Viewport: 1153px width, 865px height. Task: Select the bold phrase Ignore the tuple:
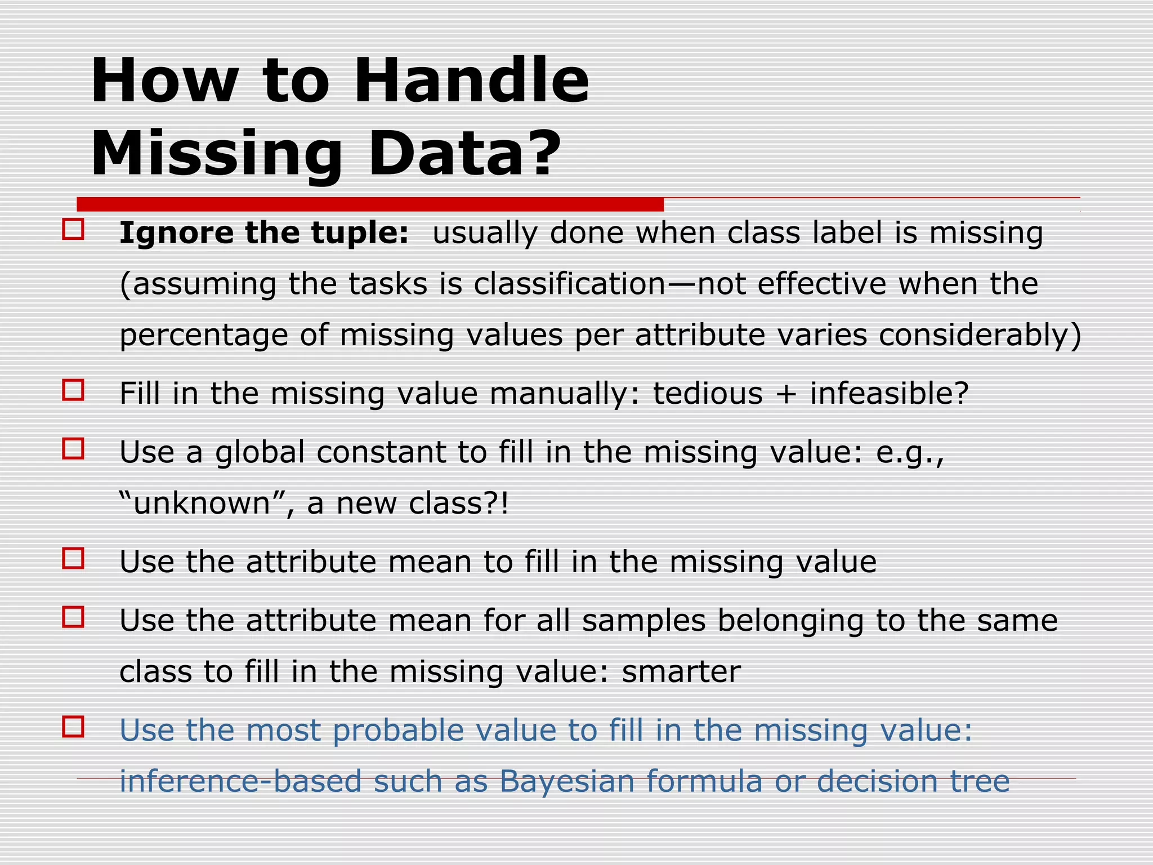(264, 233)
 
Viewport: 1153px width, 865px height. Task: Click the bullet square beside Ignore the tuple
(73, 230)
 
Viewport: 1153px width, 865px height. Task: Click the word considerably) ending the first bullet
(980, 335)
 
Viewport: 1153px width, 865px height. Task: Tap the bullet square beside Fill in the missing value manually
(73, 390)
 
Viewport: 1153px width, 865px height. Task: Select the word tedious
(708, 393)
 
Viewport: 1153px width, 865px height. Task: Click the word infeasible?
(890, 393)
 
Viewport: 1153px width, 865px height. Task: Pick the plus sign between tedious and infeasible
(786, 394)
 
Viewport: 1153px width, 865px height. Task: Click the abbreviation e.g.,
(910, 452)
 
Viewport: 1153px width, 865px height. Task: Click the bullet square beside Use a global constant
(73, 449)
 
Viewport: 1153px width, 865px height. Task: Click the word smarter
(681, 671)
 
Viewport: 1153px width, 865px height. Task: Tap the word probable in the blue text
(398, 730)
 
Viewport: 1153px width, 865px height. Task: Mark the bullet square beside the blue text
(73, 727)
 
